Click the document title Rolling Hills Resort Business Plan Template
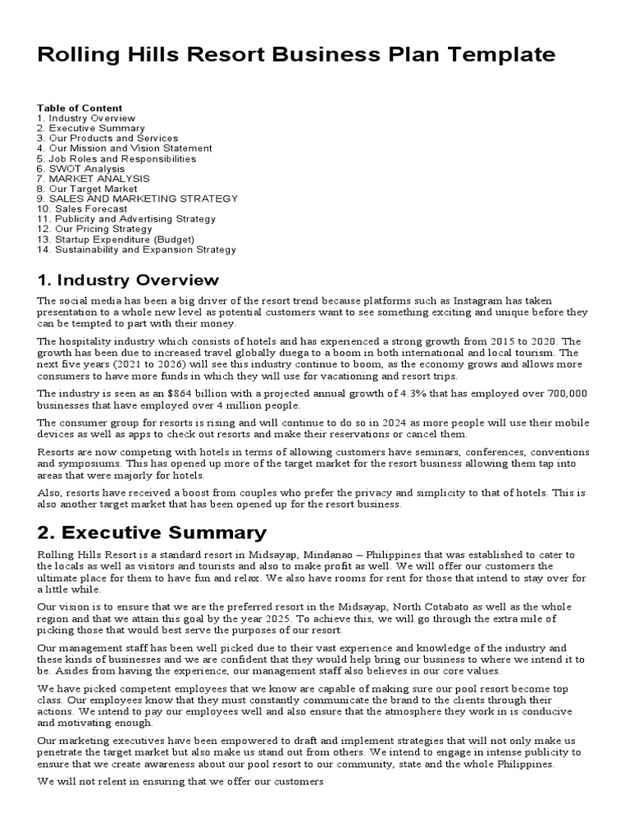296,55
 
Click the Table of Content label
80,108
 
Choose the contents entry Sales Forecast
82,209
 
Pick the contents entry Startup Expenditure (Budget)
116,240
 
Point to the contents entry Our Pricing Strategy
94,229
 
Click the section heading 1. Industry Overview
128,281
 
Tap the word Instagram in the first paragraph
481,301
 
